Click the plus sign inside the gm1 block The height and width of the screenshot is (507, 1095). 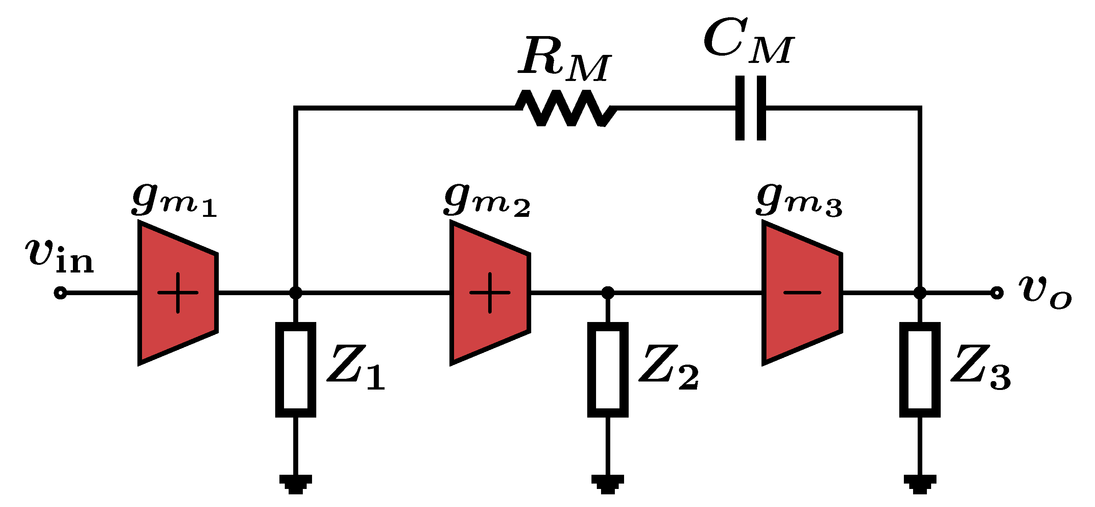(x=178, y=293)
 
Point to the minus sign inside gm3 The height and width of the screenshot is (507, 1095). (x=802, y=293)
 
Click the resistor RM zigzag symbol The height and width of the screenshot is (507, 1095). (x=566, y=108)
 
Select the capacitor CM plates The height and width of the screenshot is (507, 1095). (x=751, y=108)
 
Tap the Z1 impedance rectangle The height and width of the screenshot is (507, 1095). (x=296, y=370)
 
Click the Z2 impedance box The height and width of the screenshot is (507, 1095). (x=608, y=370)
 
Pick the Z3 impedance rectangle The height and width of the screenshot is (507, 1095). (x=920, y=370)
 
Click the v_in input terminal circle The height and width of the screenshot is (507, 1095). (x=60, y=293)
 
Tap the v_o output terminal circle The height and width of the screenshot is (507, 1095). (x=997, y=293)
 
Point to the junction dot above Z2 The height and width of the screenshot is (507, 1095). (x=608, y=293)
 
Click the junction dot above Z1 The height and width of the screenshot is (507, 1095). (x=296, y=293)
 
